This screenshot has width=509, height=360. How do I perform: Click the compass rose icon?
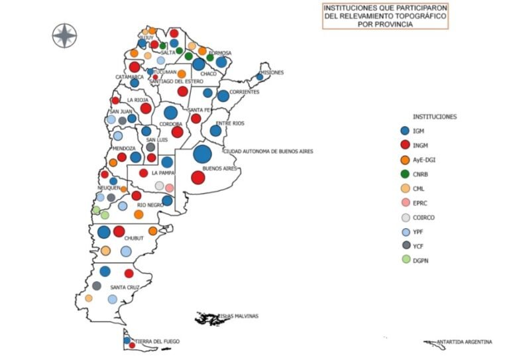pos(65,35)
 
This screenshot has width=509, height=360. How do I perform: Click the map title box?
pos(384,15)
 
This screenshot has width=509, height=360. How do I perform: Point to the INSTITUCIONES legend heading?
pos(434,117)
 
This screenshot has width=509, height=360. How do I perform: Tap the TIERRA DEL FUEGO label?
pos(158,341)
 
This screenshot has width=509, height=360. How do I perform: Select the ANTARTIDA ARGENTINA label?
pos(464,342)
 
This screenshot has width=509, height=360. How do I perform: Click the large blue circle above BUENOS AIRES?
pos(203,154)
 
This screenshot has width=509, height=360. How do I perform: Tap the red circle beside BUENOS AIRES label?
pos(197,178)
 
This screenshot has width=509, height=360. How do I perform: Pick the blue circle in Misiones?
pos(260,77)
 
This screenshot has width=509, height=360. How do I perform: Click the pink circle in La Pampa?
pos(169,188)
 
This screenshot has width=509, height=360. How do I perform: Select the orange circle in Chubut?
pos(153,231)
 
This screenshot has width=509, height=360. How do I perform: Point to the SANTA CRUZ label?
pos(124,287)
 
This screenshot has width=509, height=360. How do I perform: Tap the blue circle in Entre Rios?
pos(215,131)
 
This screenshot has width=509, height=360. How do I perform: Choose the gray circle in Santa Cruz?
pos(97,286)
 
